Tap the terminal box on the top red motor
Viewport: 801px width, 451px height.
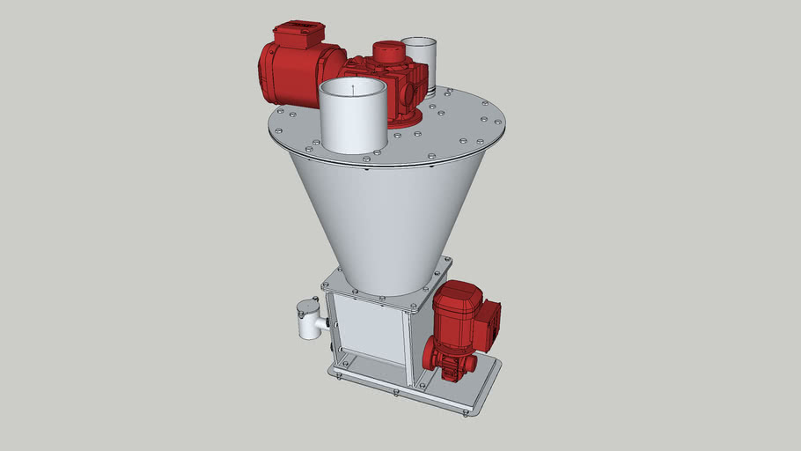coord(297,37)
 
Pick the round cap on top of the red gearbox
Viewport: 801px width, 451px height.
coord(384,50)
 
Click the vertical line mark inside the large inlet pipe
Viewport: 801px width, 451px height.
coord(352,88)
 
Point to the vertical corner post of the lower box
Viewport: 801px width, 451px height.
coord(408,348)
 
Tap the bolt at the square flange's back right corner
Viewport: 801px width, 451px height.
coord(444,261)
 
